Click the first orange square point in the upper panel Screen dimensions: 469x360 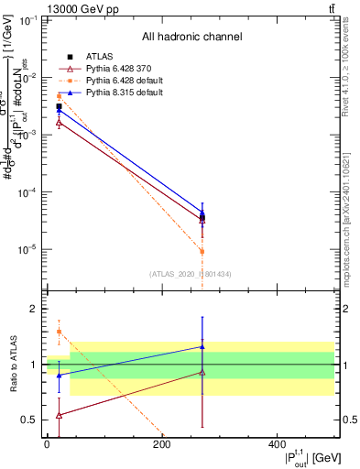tap(59, 96)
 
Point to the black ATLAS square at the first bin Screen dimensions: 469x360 tap(59, 107)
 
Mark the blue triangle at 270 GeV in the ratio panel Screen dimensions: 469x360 tap(202, 347)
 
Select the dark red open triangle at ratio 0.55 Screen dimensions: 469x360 tap(59, 415)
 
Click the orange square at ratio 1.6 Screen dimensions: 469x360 tap(59, 332)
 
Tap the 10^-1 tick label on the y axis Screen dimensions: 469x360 tap(27, 20)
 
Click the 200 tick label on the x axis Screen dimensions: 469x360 tap(162, 444)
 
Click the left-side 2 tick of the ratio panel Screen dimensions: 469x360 tap(35, 310)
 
